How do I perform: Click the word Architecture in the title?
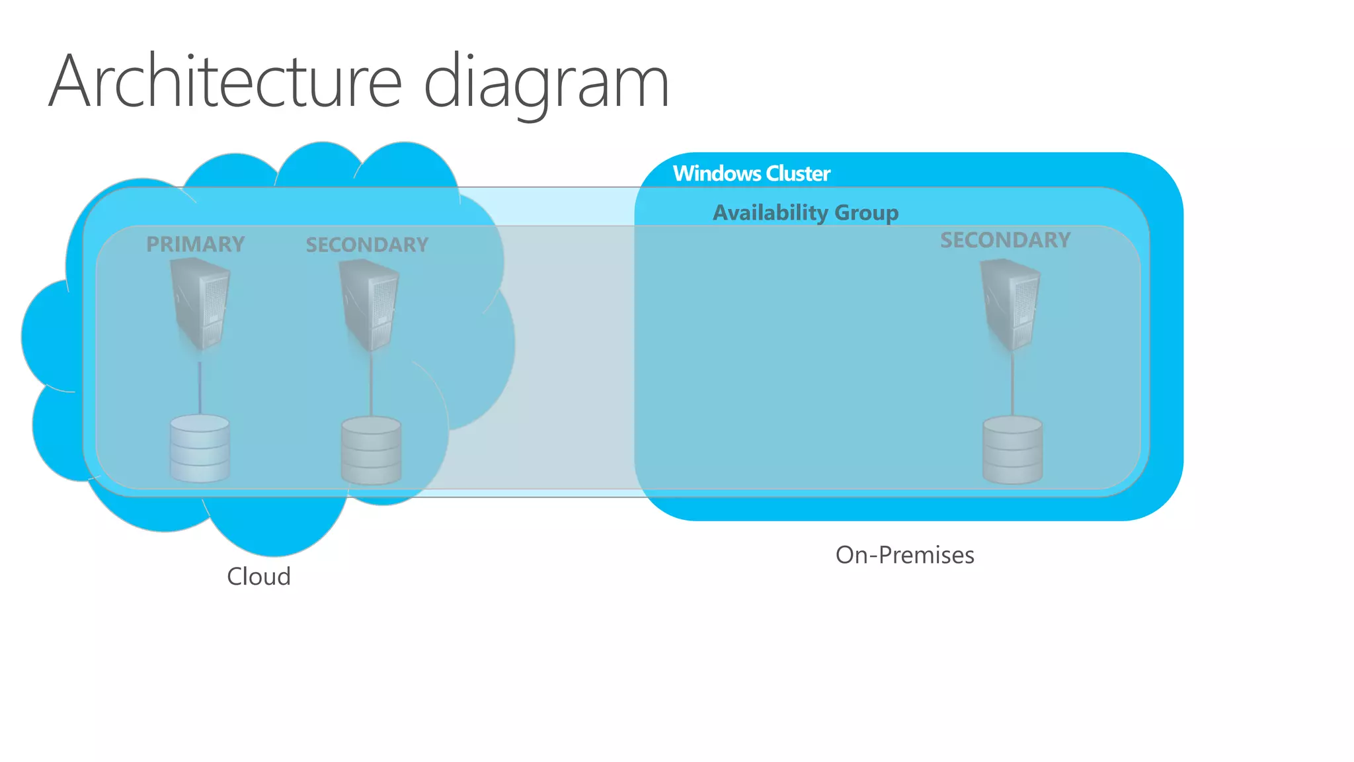(x=225, y=82)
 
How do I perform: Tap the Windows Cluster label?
(x=751, y=173)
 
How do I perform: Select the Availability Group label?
(x=805, y=212)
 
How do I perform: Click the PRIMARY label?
(x=195, y=244)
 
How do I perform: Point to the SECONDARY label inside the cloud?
(x=367, y=245)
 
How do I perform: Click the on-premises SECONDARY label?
(x=1005, y=240)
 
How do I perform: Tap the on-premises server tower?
(x=1010, y=305)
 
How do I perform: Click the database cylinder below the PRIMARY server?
(x=200, y=448)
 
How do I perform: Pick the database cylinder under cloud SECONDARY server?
(x=371, y=450)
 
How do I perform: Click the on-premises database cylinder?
(x=1012, y=449)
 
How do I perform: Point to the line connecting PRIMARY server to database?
(x=200, y=387)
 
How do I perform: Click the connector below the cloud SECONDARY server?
(x=371, y=387)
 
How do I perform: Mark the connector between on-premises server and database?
(x=1012, y=387)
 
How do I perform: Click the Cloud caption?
(x=259, y=576)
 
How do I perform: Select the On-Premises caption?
(x=904, y=555)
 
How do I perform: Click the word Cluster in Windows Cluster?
(x=797, y=173)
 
